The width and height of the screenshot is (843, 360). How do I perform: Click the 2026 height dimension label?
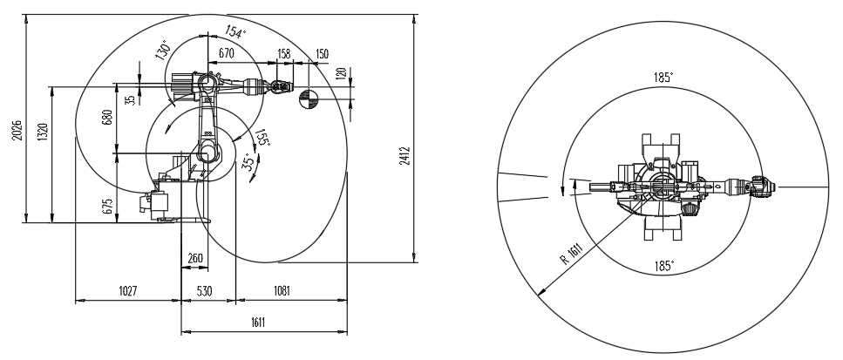point(17,130)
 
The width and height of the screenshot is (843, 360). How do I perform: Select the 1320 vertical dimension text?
point(44,132)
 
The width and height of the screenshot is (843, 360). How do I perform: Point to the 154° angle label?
point(235,32)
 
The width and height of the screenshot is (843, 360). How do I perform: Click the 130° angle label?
point(163,50)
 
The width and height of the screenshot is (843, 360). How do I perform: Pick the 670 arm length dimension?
point(227,53)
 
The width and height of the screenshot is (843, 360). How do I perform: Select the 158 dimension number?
point(283,54)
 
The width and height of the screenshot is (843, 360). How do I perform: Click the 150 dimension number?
point(322,54)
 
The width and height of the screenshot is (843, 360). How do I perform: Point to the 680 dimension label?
point(107,118)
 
